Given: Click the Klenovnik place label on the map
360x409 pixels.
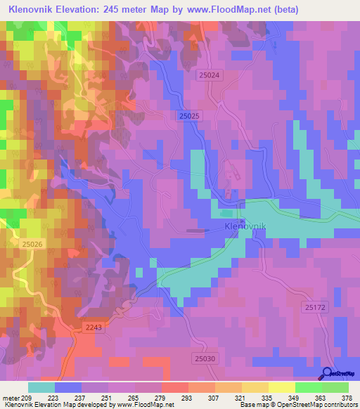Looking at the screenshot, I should click(x=244, y=227).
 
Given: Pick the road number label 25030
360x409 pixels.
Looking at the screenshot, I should click(x=205, y=358).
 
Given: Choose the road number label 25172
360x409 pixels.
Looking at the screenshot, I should click(x=316, y=307).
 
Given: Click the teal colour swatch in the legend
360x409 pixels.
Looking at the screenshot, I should click(x=41, y=387).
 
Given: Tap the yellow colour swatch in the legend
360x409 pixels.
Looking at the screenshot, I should click(x=281, y=387).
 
